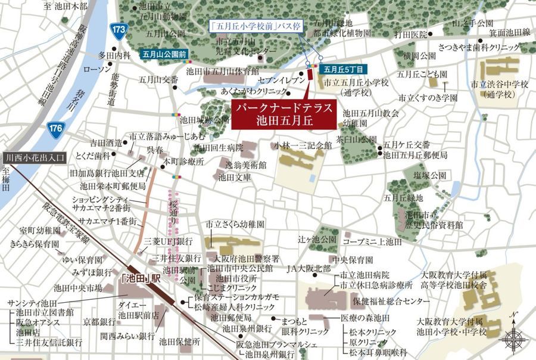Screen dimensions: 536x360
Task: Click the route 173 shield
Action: [x=119, y=29]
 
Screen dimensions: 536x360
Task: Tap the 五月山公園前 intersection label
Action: [x=164, y=54]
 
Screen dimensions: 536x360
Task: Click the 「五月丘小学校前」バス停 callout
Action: [x=257, y=26]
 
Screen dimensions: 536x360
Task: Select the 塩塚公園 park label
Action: [x=432, y=176]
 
